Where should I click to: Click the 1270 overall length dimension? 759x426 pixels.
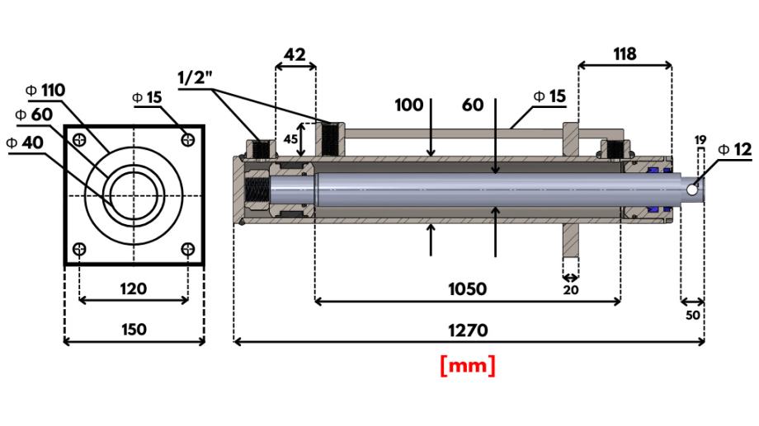click(467, 330)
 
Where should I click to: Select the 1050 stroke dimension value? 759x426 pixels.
click(467, 289)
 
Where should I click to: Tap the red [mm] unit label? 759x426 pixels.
click(468, 365)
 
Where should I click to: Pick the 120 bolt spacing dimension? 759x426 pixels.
click(134, 288)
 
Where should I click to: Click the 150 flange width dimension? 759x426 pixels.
click(134, 330)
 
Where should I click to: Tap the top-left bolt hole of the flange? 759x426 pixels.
click(79, 139)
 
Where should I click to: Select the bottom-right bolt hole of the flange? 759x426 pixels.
click(188, 249)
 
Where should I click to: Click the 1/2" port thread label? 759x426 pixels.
click(196, 77)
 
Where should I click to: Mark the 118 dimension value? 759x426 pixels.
click(625, 54)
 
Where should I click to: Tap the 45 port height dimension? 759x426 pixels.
click(290, 139)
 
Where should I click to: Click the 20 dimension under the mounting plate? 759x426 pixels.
click(570, 289)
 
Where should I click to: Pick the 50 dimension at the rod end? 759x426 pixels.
click(692, 315)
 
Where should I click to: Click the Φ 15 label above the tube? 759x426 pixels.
click(549, 96)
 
